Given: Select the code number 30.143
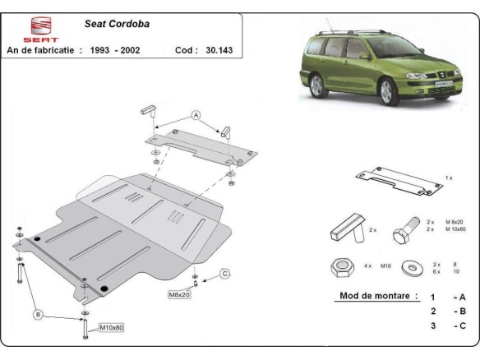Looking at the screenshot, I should pyautogui.click(x=220, y=50).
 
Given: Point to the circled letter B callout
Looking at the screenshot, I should pyautogui.click(x=36, y=313).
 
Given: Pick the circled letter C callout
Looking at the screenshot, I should pyautogui.click(x=224, y=275).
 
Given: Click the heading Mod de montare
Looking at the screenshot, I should pyautogui.click(x=377, y=296).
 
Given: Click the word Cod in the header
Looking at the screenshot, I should pyautogui.click(x=185, y=50).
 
